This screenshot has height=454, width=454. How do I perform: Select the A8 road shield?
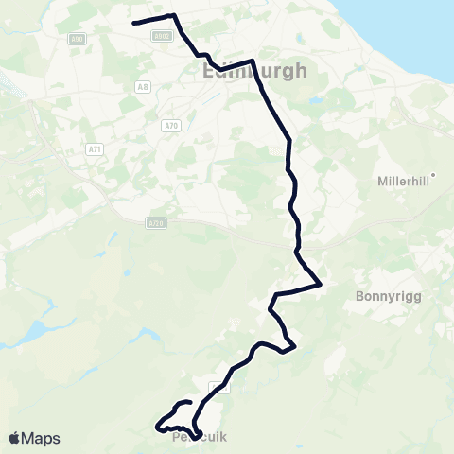142,86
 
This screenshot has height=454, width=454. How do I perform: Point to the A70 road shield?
170,125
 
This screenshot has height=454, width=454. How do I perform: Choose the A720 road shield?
156,222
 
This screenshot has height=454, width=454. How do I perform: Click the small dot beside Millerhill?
433,174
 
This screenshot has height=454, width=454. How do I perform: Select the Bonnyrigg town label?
385,295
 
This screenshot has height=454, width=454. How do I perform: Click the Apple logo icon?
15,438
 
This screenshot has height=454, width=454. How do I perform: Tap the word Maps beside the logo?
42,438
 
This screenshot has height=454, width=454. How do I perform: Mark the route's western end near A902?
133,23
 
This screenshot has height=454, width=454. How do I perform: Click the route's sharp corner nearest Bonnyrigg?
322,283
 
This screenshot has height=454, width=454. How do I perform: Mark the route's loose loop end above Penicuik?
190,402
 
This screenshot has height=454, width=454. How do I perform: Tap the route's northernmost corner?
173,15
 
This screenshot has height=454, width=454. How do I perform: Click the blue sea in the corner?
426,19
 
